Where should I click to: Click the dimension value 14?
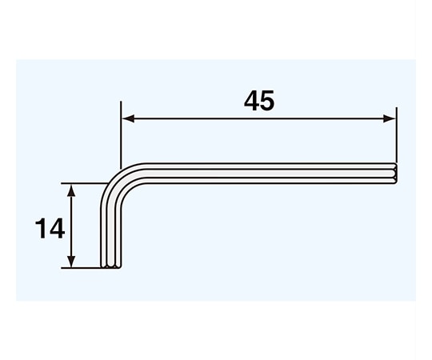pos(49,230)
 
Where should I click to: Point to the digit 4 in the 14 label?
pos(56,230)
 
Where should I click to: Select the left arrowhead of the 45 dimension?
pos(127,119)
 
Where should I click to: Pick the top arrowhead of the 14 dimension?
pos(72,190)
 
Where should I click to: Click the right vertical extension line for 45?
pos(396,136)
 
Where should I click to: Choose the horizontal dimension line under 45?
pos(258,119)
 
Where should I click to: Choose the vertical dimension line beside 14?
pos(72,226)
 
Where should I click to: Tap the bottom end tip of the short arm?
pos(111,265)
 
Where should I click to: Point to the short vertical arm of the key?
pos(111,232)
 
